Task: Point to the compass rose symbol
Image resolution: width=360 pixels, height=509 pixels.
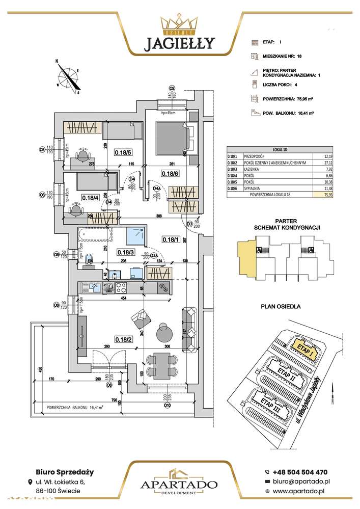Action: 67,77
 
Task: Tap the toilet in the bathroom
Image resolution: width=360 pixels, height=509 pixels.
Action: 90,258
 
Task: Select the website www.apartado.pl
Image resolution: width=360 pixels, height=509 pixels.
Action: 302,491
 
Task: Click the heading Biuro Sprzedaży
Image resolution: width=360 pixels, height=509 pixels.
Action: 60,472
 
